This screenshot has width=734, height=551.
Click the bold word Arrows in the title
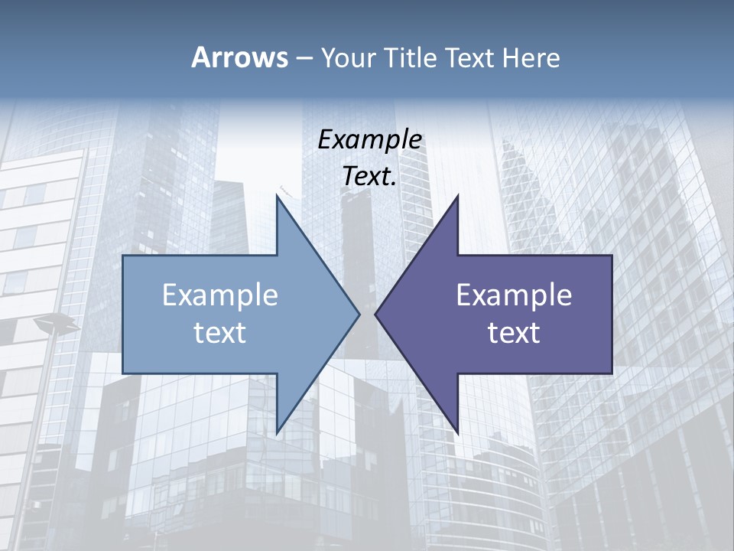tap(240, 57)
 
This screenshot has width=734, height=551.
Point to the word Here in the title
tap(531, 57)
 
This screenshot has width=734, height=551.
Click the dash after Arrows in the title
tap(304, 58)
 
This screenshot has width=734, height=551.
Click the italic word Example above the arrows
tap(370, 139)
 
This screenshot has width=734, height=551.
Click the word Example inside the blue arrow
tap(220, 295)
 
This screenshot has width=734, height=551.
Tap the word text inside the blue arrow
tap(220, 332)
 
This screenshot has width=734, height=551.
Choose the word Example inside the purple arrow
tap(514, 295)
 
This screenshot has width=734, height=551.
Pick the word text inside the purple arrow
tap(514, 332)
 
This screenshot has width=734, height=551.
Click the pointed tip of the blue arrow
tap(359, 314)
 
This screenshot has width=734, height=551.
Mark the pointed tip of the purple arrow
tap(376, 314)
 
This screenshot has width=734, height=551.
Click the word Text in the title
tap(468, 57)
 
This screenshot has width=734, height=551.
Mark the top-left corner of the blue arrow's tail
tap(124, 256)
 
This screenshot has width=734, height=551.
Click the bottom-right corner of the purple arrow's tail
tap(611, 373)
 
